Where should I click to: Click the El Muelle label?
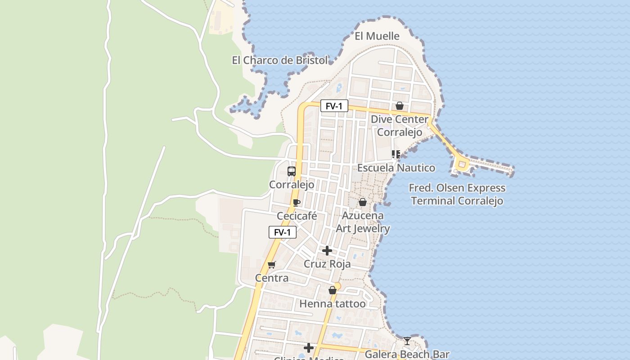tap(377, 36)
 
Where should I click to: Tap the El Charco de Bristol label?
tap(280, 60)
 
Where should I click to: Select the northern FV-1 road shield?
tap(334, 106)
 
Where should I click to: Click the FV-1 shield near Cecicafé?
tap(283, 232)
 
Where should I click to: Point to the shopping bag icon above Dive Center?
tap(399, 106)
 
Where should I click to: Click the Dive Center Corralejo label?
tap(400, 126)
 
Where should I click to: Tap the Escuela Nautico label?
tap(396, 168)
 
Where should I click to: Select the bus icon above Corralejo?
tap(292, 171)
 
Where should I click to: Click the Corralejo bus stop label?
tap(292, 184)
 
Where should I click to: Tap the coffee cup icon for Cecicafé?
tap(296, 202)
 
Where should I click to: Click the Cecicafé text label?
tap(297, 216)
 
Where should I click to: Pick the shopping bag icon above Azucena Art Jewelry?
tap(363, 202)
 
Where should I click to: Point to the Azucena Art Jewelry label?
tap(363, 222)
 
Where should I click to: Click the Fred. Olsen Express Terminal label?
tap(457, 194)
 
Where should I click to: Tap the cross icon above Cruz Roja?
tap(327, 251)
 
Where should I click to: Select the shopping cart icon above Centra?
tap(271, 265)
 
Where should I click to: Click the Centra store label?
tap(272, 278)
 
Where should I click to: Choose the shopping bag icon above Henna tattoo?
tap(333, 291)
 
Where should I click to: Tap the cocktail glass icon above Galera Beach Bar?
tap(407, 341)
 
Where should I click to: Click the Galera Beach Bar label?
tap(407, 354)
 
